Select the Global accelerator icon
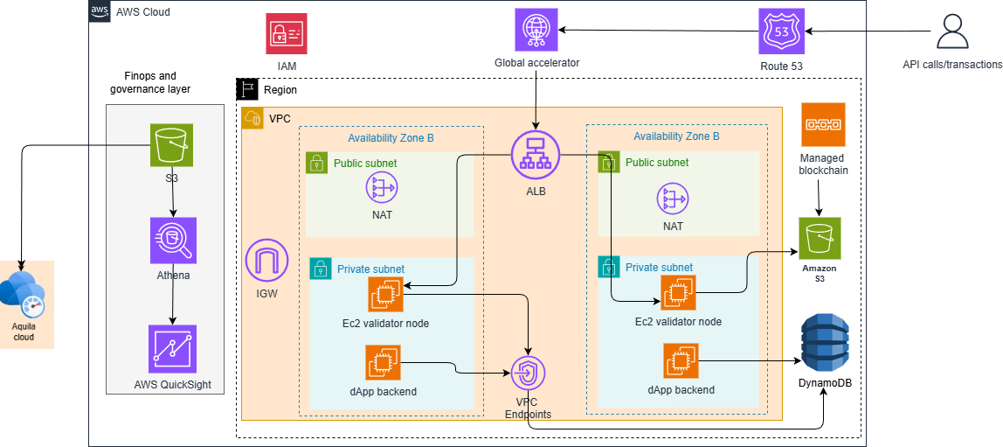[x=536, y=30]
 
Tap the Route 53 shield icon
[x=781, y=32]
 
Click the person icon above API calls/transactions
[x=952, y=31]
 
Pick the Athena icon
[x=172, y=241]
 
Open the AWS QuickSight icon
[x=172, y=349]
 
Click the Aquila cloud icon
[x=24, y=296]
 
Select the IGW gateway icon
[x=268, y=261]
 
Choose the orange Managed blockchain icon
[x=823, y=124]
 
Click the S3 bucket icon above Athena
[x=172, y=145]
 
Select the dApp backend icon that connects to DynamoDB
[x=681, y=360]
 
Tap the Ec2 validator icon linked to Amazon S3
[x=679, y=293]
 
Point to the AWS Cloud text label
[x=143, y=12]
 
